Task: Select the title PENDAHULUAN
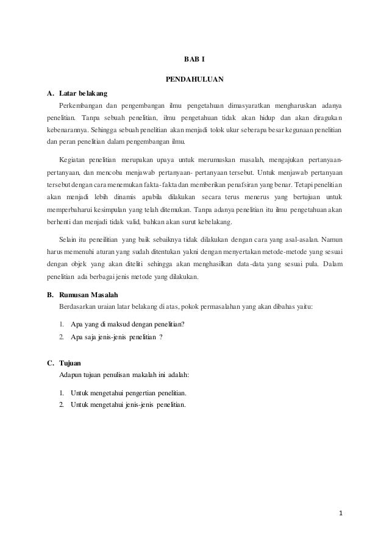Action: tap(194, 79)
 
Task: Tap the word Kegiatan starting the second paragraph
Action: tap(73, 159)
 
